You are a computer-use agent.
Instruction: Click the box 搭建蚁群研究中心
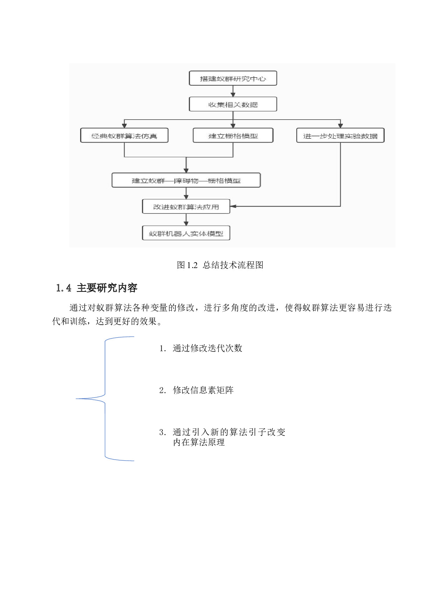233,78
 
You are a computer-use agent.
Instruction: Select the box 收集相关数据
233,104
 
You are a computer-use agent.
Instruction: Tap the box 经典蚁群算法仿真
124,136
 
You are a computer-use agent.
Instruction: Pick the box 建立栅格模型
233,136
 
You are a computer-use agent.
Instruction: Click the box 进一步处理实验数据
340,136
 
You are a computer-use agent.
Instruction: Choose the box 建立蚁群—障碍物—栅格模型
186,180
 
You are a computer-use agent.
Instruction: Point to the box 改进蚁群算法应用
186,207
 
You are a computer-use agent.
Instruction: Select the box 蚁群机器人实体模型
186,233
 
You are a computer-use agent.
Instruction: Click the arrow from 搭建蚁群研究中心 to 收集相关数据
233,91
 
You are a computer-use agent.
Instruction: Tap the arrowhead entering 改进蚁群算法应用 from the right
233,206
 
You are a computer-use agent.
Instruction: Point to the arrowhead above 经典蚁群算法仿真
124,125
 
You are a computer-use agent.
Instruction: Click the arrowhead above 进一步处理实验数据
340,125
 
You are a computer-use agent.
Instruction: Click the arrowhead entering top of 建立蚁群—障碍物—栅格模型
186,170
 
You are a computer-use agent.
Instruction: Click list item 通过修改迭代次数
207,348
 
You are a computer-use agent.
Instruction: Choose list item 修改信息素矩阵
203,390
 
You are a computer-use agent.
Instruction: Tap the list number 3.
162,432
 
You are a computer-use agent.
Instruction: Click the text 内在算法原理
199,442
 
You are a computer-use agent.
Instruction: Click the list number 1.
162,348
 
